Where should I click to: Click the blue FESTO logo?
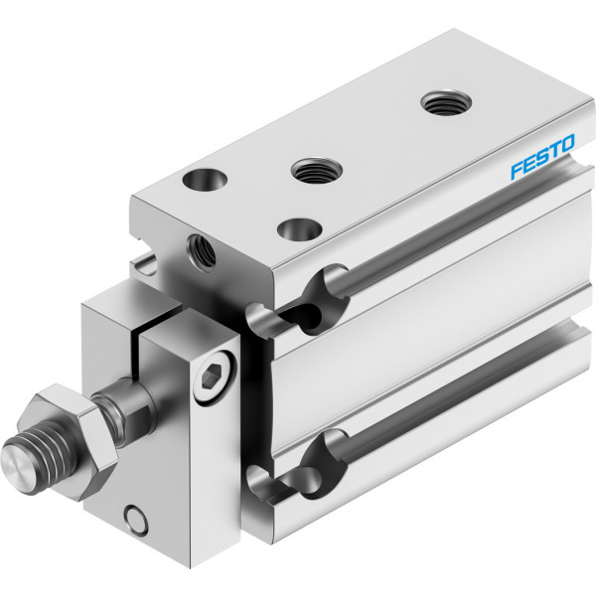pyautogui.click(x=542, y=156)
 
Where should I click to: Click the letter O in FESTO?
pyautogui.click(x=567, y=144)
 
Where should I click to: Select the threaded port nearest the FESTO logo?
pyautogui.click(x=446, y=102)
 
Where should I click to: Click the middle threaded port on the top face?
pyautogui.click(x=317, y=170)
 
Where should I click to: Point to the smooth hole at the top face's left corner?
pyautogui.click(x=205, y=180)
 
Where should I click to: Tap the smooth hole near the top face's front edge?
pyautogui.click(x=300, y=229)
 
